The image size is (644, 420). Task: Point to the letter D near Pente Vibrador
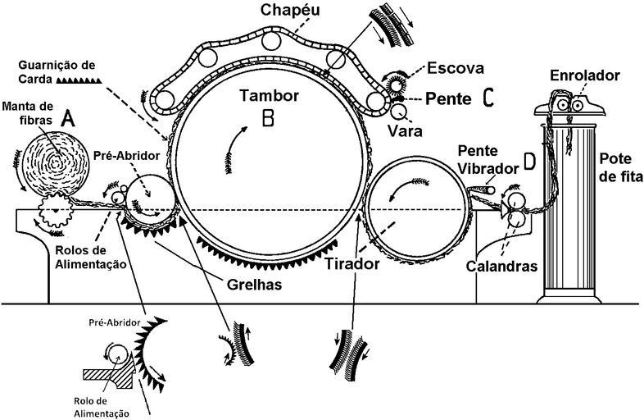[x=528, y=162]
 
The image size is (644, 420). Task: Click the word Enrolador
[x=574, y=75]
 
